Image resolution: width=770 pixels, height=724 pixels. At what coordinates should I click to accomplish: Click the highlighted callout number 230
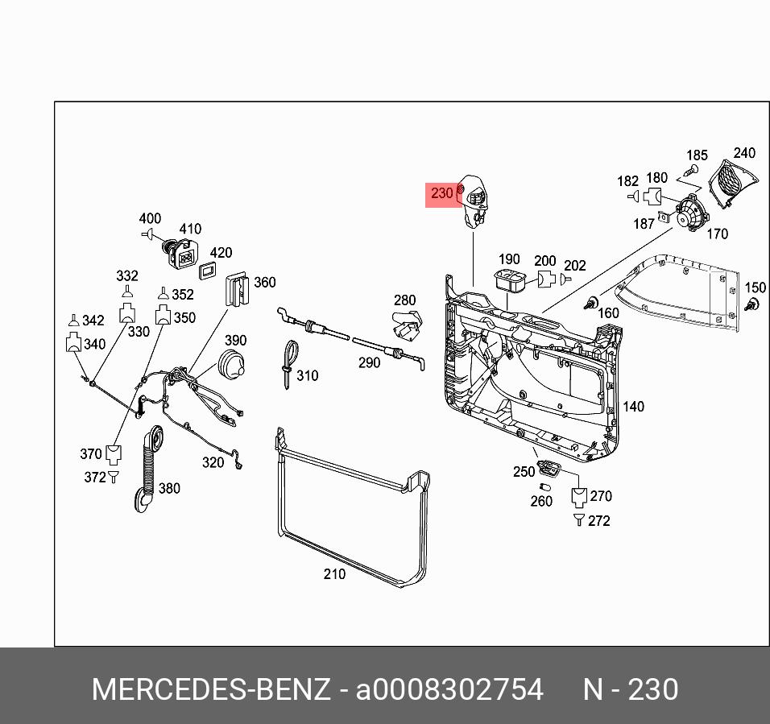coord(442,193)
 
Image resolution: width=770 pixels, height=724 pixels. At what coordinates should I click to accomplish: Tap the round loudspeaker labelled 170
coord(689,214)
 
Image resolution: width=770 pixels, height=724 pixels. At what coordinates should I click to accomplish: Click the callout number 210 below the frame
coord(334,574)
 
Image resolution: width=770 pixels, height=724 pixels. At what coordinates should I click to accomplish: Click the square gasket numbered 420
coord(210,269)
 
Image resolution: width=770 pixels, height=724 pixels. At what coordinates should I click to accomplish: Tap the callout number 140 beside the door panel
coord(633,407)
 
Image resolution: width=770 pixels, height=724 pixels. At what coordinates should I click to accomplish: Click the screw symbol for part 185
coord(689,171)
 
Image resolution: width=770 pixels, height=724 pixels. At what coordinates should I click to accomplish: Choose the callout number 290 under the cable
coord(369,363)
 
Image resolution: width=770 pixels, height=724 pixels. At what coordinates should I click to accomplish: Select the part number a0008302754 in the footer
coord(449,690)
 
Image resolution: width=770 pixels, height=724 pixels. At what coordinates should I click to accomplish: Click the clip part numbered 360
coord(237,288)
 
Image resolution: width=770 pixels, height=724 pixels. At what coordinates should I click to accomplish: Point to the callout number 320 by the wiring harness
coord(213,462)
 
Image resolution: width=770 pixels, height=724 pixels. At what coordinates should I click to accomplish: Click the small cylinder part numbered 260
coord(544,487)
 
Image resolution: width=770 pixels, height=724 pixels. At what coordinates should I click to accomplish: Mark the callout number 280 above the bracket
coord(404,301)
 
